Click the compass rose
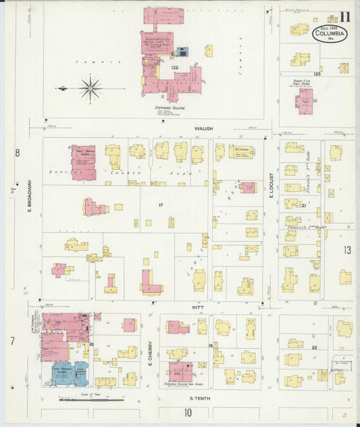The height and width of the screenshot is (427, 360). point(90,87)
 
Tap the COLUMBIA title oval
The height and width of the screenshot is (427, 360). point(330,34)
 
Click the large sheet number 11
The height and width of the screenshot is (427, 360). point(344,17)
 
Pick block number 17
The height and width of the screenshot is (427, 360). point(161,204)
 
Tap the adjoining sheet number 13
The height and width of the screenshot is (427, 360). point(347,250)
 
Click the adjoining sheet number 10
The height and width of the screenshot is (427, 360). point(188,411)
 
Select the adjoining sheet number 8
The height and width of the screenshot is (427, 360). point(18,152)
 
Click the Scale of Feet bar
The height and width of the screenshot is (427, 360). point(81,400)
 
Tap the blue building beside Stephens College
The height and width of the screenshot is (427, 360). point(182,52)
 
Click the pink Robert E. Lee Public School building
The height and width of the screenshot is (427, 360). point(304,101)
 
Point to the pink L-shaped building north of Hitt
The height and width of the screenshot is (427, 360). point(150,284)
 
